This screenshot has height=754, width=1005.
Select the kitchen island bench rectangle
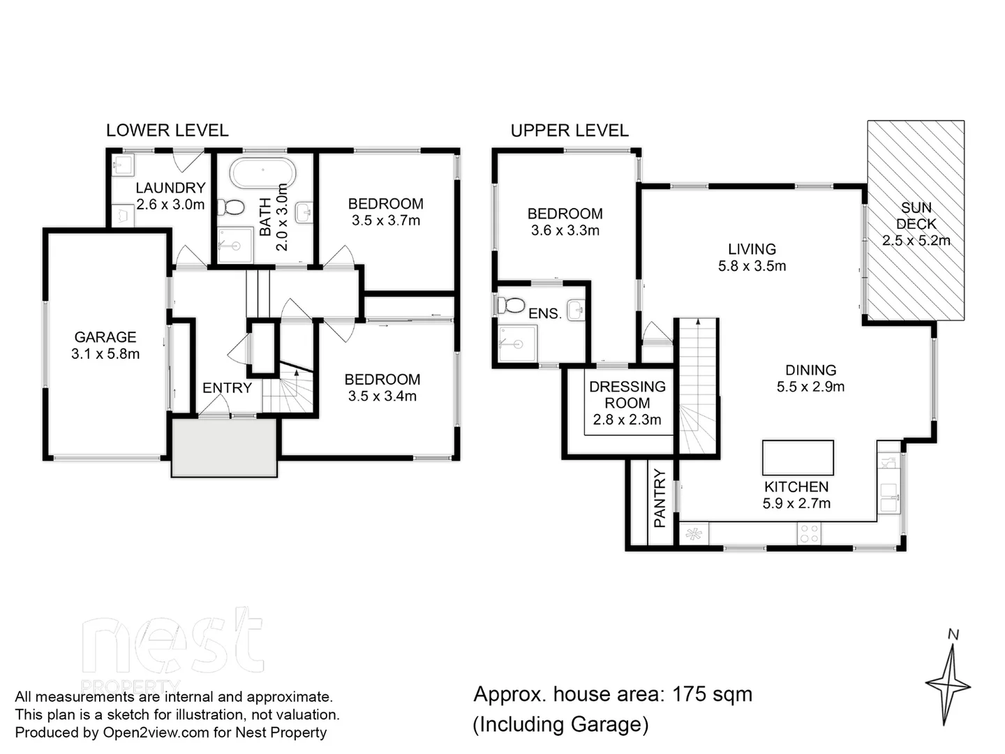pos(798,457)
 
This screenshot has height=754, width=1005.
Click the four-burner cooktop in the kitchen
pos(809,534)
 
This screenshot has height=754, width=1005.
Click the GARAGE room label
pos(105,337)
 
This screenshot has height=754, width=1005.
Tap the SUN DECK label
pos(916,216)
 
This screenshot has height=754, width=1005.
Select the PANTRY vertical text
pos(660,498)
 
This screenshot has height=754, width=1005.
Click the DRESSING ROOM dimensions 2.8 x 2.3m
pos(627,420)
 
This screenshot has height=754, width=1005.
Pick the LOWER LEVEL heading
pos(167,131)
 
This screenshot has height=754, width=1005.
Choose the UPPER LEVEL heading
pos(569,131)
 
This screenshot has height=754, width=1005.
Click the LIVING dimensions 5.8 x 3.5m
pos(752,266)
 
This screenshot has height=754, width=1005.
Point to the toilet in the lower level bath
pos(232,207)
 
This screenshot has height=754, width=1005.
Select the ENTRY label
pos(227,388)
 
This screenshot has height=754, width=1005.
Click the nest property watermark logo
pos(172,646)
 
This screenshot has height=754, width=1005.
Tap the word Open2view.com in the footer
pos(156,732)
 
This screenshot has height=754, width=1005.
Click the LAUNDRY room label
pos(170,188)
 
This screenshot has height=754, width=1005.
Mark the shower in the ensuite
pos(517,344)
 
